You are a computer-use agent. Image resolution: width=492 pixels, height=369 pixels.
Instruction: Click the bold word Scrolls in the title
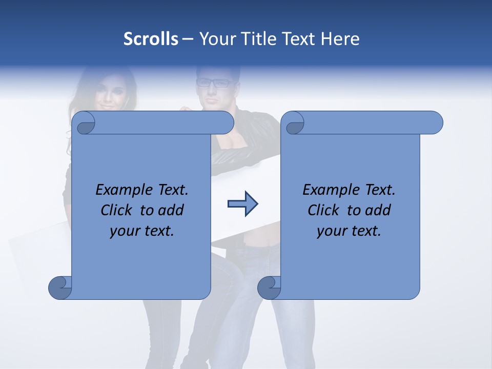[151, 39]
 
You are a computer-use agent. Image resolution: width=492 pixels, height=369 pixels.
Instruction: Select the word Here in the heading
[340, 39]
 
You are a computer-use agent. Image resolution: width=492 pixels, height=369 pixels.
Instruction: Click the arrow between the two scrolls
[242, 204]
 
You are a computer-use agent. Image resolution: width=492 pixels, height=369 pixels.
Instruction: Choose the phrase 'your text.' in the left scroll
[142, 231]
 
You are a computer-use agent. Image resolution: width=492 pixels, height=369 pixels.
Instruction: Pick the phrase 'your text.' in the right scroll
[349, 231]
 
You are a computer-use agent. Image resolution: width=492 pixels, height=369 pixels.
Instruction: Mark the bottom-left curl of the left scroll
[60, 287]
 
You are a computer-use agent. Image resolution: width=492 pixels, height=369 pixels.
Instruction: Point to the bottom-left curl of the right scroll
[270, 287]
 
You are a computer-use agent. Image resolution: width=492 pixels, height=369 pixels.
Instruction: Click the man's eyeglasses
[215, 83]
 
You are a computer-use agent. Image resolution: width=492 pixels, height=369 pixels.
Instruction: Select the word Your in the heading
[215, 39]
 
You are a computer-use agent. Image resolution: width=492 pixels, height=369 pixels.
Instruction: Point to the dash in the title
[188, 39]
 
